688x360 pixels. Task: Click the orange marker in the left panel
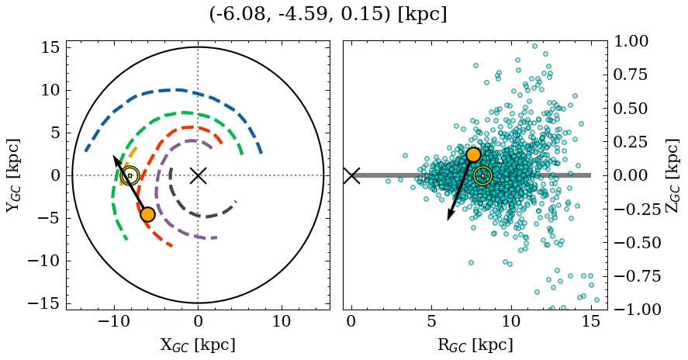(147, 214)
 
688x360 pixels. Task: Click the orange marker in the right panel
(473, 154)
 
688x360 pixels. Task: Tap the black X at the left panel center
(198, 175)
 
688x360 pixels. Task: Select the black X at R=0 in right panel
(351, 175)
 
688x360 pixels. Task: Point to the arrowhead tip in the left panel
(114, 156)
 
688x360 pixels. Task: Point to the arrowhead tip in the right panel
(448, 220)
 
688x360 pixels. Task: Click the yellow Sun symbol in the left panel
(130, 175)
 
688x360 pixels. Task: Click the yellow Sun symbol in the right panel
(482, 175)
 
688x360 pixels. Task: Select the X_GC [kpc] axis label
(198, 344)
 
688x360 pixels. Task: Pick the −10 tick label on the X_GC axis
(114, 322)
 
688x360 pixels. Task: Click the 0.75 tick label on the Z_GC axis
(635, 74)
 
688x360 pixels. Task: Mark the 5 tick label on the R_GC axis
(430, 322)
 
